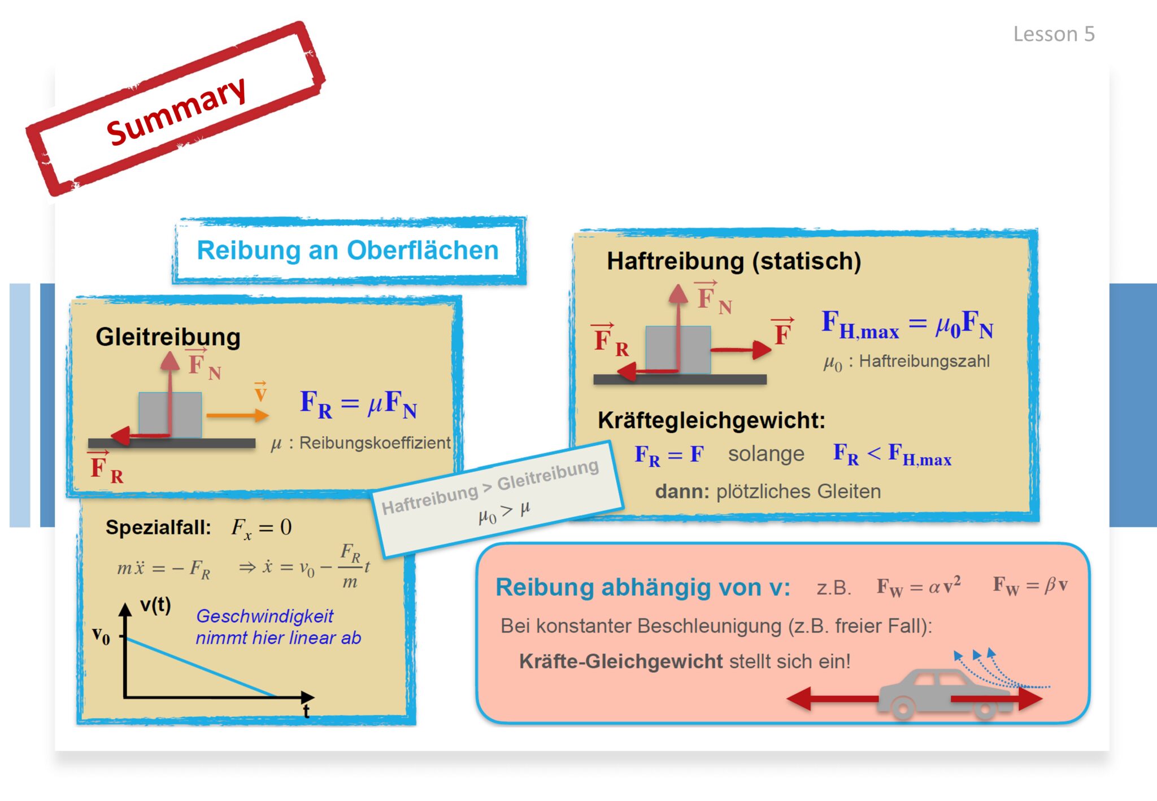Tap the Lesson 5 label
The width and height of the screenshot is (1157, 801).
pos(1054,34)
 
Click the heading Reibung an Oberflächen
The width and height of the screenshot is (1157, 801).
pos(347,250)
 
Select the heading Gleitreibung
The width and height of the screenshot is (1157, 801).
pos(168,337)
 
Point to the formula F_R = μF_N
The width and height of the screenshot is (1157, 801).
pos(358,404)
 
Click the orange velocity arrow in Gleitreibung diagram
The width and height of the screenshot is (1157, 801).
pos(237,416)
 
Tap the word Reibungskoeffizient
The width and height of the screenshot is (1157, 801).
pos(375,443)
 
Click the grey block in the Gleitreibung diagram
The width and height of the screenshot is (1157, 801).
pos(170,415)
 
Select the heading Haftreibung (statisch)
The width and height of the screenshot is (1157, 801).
pos(734,262)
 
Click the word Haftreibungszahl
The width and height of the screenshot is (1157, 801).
pos(924,361)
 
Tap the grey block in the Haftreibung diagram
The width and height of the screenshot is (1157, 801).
pos(678,350)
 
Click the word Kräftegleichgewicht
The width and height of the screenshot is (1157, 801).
pos(711,420)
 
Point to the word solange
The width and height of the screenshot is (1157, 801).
pos(766,454)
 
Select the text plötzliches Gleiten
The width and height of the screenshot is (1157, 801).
pos(798,491)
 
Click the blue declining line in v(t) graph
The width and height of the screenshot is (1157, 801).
pos(201,667)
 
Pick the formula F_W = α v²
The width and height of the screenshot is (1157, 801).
pos(919,586)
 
